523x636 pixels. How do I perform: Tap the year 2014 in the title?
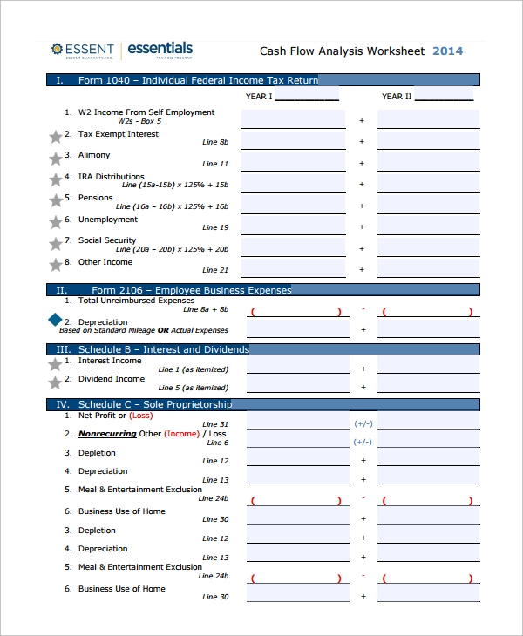coord(448,51)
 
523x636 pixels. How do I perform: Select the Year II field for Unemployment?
coord(428,225)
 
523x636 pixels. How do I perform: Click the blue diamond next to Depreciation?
coord(56,321)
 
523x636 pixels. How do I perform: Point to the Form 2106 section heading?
coord(191,290)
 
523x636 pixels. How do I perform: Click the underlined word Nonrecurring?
coord(107,434)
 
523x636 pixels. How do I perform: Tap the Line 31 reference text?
coord(215,424)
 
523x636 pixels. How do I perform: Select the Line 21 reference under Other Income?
coord(215,270)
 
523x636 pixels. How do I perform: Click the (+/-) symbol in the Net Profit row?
coord(363,423)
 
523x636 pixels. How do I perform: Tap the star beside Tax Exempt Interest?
coord(56,137)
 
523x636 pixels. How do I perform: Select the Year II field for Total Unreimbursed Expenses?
coord(428,311)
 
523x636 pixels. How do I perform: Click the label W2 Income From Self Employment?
coord(146,112)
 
